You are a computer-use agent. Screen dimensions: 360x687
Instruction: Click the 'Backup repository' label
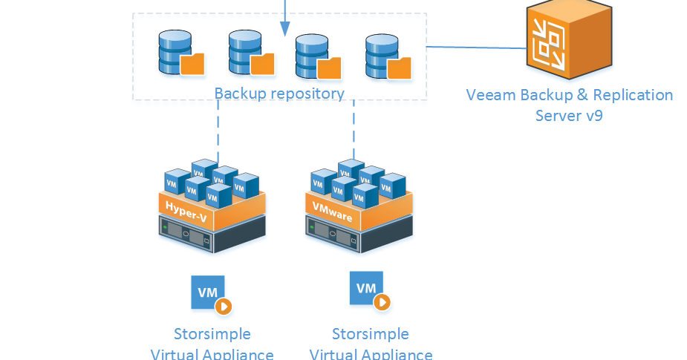279,94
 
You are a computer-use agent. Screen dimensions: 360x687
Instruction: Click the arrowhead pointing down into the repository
284,29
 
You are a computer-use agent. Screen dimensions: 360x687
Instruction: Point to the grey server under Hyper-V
212,235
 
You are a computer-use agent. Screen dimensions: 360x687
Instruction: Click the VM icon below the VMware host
366,288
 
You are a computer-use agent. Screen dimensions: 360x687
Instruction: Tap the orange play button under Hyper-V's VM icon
224,307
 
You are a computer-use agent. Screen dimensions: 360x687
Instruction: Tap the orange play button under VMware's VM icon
382,302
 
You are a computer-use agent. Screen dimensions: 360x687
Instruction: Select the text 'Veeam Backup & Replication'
569,95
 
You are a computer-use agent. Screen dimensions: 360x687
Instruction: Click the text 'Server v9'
569,116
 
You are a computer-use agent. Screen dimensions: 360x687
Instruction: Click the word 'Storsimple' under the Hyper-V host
212,333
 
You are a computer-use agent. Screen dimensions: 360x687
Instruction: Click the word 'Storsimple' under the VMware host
370,333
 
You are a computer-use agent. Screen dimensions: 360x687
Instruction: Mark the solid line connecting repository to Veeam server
475,48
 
